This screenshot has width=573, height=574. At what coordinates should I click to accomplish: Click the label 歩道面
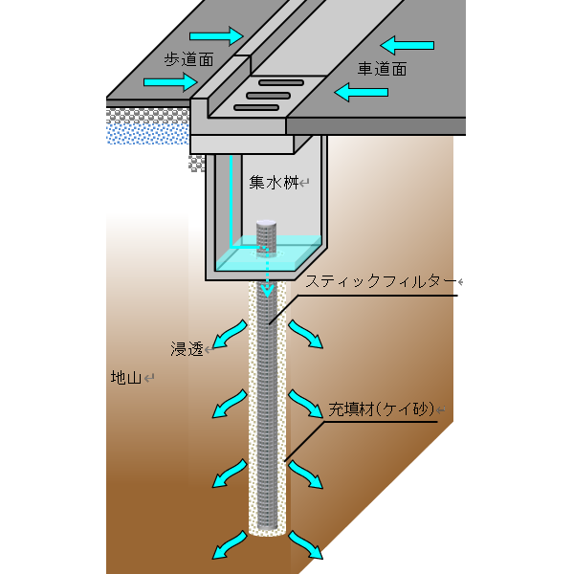pyautogui.click(x=188, y=59)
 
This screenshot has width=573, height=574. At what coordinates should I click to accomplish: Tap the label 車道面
pyautogui.click(x=383, y=69)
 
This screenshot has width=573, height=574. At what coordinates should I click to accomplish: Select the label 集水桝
pyautogui.click(x=274, y=182)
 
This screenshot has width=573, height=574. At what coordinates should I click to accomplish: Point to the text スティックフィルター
pyautogui.click(x=381, y=281)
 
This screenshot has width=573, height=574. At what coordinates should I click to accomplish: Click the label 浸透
pyautogui.click(x=187, y=349)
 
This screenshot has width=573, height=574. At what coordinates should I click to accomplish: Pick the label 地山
pyautogui.click(x=126, y=378)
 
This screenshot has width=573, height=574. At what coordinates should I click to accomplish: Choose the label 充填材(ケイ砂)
pyautogui.click(x=382, y=408)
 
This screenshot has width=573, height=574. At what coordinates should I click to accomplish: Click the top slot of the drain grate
pyautogui.click(x=281, y=82)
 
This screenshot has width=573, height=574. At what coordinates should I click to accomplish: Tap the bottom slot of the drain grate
pyautogui.click(x=256, y=107)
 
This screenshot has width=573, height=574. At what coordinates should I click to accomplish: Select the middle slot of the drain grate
pyautogui.click(x=269, y=96)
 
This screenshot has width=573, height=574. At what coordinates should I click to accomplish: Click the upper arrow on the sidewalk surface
pyautogui.click(x=216, y=36)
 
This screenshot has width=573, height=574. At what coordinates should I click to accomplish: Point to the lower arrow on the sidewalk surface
pyautogui.click(x=170, y=82)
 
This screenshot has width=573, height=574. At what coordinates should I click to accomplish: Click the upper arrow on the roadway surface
pyautogui.click(x=408, y=45)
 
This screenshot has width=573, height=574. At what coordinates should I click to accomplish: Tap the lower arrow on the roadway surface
pyautogui.click(x=361, y=92)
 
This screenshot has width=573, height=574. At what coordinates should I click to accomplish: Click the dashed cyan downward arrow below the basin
pyautogui.click(x=268, y=274)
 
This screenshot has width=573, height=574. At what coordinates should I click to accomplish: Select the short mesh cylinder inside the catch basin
pyautogui.click(x=266, y=237)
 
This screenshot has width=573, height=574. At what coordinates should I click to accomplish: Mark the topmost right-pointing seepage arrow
pyautogui.click(x=306, y=334)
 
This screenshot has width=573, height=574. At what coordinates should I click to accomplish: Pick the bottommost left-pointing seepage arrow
pyautogui.click(x=230, y=544)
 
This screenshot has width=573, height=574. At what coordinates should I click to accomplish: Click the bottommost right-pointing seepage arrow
pyautogui.click(x=306, y=544)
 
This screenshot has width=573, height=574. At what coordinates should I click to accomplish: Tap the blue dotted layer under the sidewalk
pyautogui.click(x=147, y=134)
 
